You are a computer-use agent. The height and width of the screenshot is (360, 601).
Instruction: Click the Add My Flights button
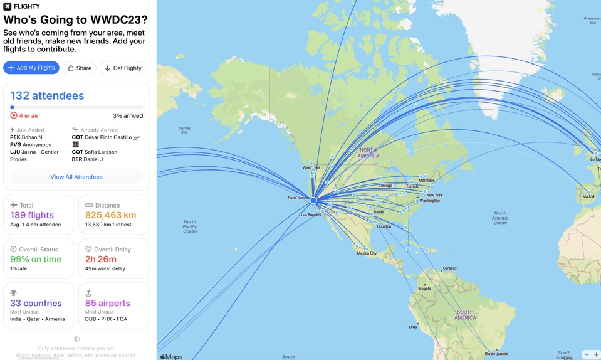click(x=31, y=68)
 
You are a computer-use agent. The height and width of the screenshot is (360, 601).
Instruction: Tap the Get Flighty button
click(x=123, y=68)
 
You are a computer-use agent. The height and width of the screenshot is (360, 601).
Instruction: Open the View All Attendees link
click(x=76, y=177)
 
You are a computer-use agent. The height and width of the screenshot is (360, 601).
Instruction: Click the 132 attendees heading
click(x=47, y=96)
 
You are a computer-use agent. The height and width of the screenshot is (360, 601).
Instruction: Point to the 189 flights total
click(x=32, y=215)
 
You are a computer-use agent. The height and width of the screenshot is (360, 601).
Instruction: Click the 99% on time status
click(x=36, y=259)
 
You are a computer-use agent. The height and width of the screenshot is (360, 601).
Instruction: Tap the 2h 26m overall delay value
click(x=101, y=259)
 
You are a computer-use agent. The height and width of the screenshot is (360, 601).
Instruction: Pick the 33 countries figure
click(x=36, y=303)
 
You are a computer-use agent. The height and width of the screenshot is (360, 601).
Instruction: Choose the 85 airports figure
click(x=108, y=303)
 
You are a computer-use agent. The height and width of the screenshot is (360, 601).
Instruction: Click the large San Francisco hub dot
click(x=313, y=200)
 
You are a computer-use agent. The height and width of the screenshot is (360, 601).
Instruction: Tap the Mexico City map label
click(x=367, y=253)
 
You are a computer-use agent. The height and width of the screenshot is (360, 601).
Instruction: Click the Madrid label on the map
click(x=588, y=196)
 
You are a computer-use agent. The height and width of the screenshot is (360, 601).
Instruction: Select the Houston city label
click(x=384, y=226)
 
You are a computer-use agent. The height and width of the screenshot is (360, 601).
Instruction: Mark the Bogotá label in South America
click(x=425, y=289)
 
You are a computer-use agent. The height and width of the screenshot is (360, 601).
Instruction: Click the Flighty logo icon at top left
click(x=7, y=6)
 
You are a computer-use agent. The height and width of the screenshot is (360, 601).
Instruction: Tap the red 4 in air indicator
click(x=24, y=116)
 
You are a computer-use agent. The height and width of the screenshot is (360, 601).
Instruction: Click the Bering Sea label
click(x=184, y=130)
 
